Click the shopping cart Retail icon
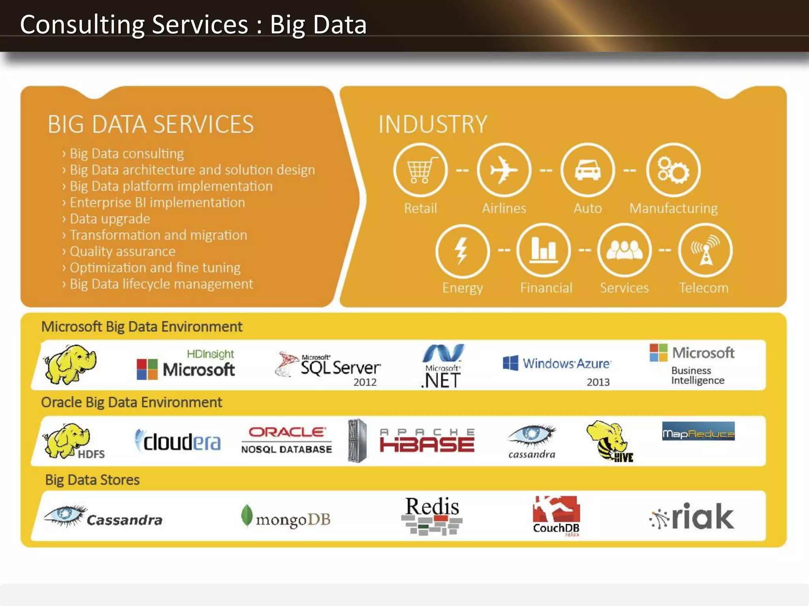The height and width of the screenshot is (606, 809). click(420, 170)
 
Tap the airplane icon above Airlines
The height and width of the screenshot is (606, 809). click(504, 170)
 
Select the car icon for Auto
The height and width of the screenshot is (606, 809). click(587, 170)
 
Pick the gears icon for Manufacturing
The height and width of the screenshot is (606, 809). click(673, 170)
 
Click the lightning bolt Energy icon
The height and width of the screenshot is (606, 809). click(462, 251)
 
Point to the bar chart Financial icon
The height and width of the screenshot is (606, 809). click(544, 250)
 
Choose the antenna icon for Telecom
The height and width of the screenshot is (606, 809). click(706, 250)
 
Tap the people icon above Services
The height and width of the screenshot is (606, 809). click(624, 250)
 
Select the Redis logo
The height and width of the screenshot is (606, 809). click(432, 515)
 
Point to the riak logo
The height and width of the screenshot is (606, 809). click(692, 516)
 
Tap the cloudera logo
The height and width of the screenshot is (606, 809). click(179, 441)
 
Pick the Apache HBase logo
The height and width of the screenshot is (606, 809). click(427, 441)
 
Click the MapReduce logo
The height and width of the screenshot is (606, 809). click(698, 432)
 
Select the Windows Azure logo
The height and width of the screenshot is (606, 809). click(557, 363)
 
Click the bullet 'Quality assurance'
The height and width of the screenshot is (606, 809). click(122, 251)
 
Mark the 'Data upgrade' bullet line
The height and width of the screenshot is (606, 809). click(110, 219)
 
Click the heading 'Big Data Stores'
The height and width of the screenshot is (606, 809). click(92, 480)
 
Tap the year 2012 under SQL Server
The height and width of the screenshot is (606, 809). click(365, 382)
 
